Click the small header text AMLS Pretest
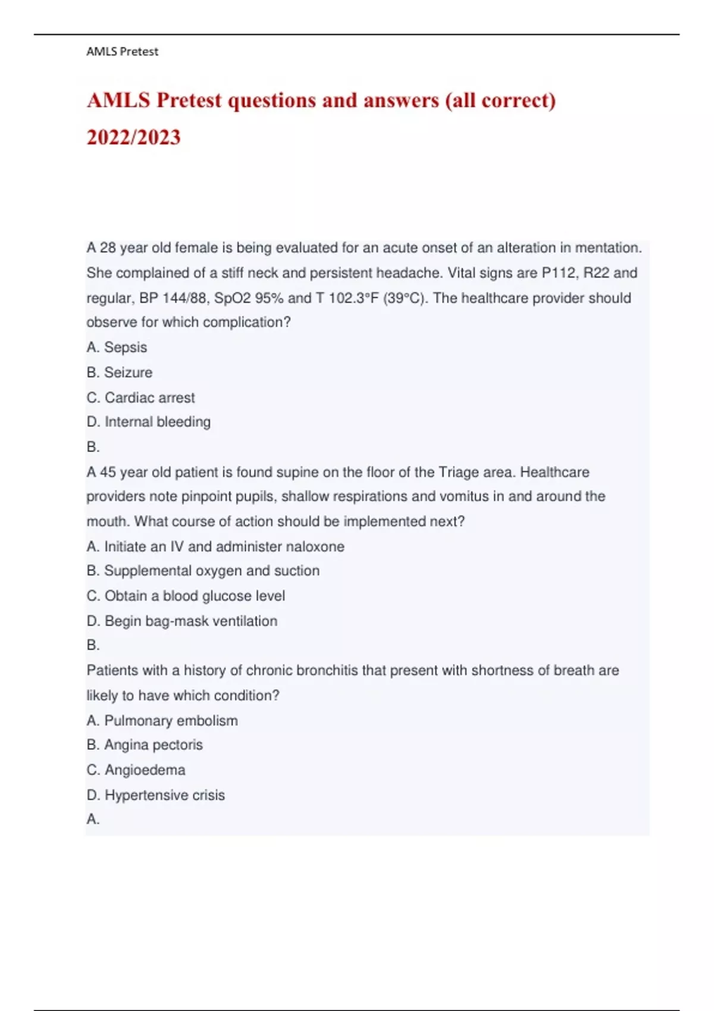click(122, 52)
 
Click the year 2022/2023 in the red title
click(134, 137)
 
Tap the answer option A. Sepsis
click(117, 347)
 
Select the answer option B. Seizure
click(119, 372)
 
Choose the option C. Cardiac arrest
click(140, 397)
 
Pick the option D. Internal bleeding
click(148, 422)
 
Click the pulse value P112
click(559, 273)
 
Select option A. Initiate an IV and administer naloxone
click(215, 547)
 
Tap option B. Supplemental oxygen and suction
click(203, 571)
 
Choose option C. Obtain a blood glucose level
click(186, 596)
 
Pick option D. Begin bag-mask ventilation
click(181, 621)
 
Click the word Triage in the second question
click(462, 472)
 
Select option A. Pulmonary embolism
click(162, 721)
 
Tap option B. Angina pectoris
click(145, 745)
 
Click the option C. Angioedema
click(136, 770)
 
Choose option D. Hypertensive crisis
click(155, 795)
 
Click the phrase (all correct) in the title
click(500, 101)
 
